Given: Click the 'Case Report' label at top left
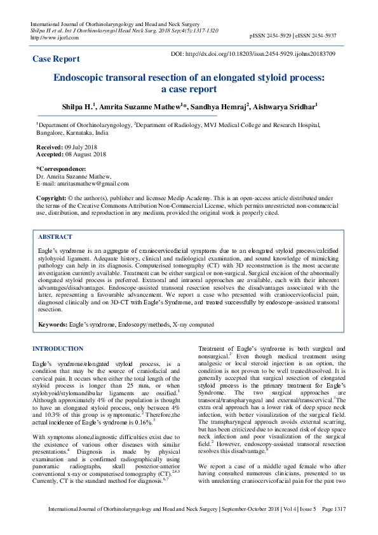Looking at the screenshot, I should (x=57, y=59).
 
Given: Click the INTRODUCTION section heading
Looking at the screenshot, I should (x=58, y=349).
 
